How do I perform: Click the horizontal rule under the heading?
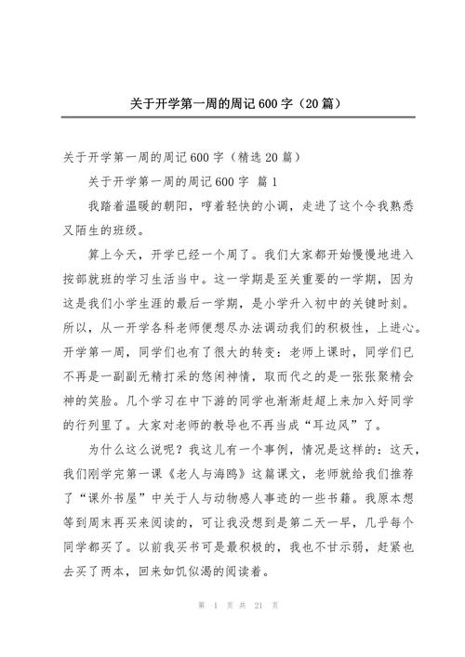[x=232, y=117]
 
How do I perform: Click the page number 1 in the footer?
[x=215, y=630]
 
